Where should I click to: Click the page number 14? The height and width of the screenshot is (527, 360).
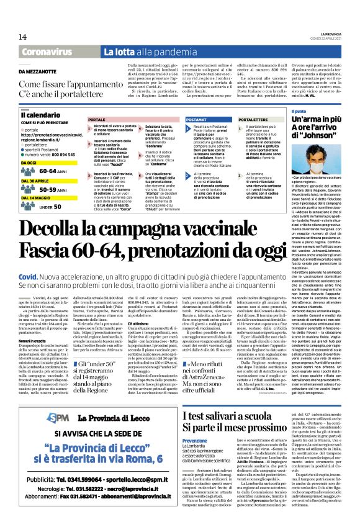point(23,37)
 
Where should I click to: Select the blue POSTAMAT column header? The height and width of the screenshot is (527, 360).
point(197,119)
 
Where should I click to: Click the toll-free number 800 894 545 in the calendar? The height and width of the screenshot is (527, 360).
point(65,153)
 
